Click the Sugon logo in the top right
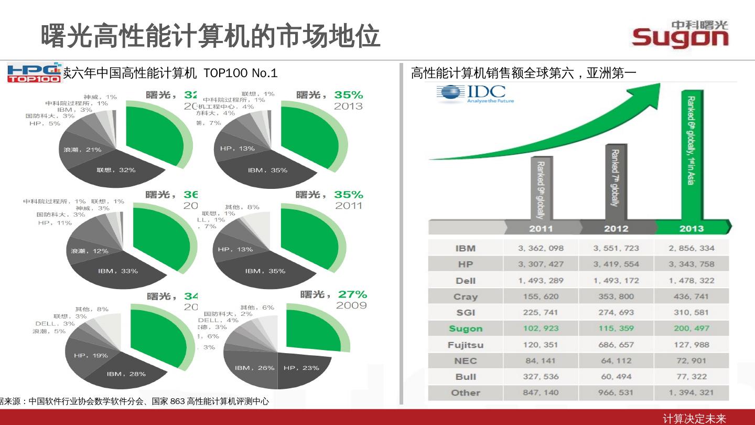coord(680,35)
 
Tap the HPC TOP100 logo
coord(34,73)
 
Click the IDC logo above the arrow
coord(475,94)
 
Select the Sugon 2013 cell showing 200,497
coord(691,328)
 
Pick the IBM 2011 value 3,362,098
coord(541,248)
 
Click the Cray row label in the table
coord(466,296)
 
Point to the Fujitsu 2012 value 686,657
coord(616,345)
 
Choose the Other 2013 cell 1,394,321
coord(691,392)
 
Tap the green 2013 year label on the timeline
coord(691,228)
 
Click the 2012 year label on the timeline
coord(616,228)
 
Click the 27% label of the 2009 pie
coord(352,294)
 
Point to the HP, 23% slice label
coord(301,368)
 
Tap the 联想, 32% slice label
coord(116,170)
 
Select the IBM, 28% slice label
coord(126,374)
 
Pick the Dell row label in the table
coord(466,281)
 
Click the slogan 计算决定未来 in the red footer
coord(694,418)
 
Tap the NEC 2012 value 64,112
coord(616,360)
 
